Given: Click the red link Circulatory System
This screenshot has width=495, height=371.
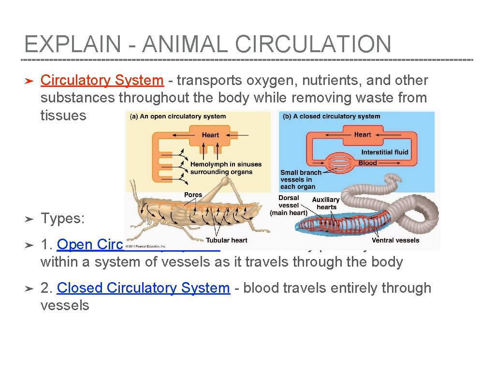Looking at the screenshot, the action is coord(102,81).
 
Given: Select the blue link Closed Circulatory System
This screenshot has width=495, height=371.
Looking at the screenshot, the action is coord(143,288).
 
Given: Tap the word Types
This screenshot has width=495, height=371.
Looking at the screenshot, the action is coord(63,219).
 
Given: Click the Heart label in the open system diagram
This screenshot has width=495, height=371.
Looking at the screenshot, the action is coord(210,135).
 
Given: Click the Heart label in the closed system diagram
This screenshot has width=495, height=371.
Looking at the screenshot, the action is coord(363,135).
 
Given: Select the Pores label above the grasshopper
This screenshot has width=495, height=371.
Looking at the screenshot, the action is coord(193,195).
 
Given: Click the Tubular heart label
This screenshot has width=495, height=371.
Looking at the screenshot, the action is coord(226,240).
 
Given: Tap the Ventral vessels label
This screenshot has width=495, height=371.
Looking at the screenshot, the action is coord(395,240).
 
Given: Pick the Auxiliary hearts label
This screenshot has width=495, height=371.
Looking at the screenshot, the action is coord(326,203).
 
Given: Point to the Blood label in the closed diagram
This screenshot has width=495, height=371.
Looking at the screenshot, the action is coord(367,163).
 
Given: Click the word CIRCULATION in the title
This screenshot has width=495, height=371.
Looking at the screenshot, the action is coord(313,45).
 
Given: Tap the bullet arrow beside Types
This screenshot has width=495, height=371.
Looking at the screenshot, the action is coord(28,219).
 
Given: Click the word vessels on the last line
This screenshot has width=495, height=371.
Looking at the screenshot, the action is coord(65,305).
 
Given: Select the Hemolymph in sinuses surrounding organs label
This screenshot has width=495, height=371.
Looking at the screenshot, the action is coord(226,168).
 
